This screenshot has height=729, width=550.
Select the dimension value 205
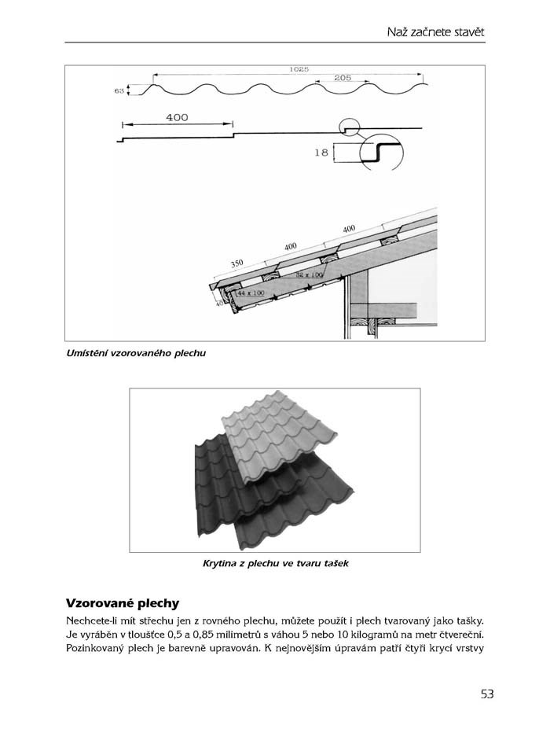click(x=342, y=78)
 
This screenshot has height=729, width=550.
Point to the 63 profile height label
click(x=119, y=91)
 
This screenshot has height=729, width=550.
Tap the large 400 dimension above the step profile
click(x=177, y=117)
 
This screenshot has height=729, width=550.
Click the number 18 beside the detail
click(x=321, y=153)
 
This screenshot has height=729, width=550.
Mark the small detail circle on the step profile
click(x=349, y=126)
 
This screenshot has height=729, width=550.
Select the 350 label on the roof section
click(x=238, y=263)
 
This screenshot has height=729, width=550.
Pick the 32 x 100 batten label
click(x=310, y=274)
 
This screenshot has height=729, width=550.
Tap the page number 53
click(x=487, y=694)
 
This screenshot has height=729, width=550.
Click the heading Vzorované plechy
click(x=123, y=604)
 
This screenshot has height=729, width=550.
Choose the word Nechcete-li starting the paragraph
click(x=97, y=621)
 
